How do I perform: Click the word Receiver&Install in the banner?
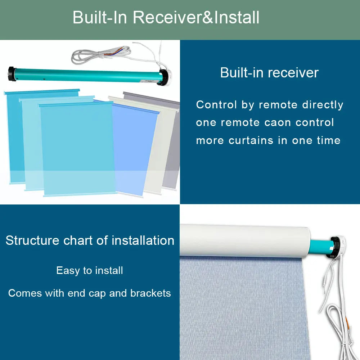click(196, 17)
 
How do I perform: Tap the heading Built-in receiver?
click(269, 73)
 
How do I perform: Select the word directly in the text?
click(323, 105)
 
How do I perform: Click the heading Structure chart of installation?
click(90, 240)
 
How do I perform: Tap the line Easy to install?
click(90, 270)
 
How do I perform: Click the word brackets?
click(150, 293)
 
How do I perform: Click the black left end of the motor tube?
click(13, 73)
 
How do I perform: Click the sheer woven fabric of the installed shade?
click(245, 310)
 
